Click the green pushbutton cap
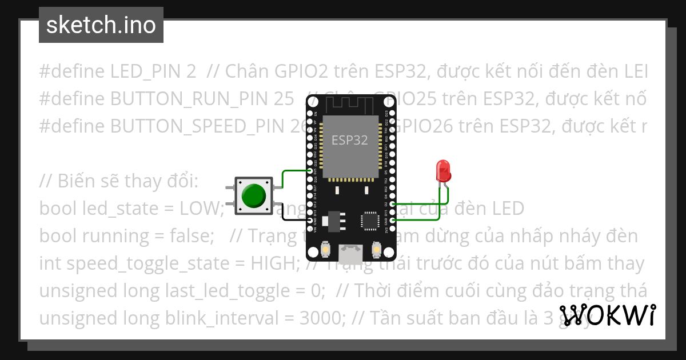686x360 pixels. click(253, 195)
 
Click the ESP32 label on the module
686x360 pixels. click(350, 139)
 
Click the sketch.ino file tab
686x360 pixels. click(101, 25)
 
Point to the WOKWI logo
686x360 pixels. click(607, 315)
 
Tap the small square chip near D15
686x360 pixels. click(369, 221)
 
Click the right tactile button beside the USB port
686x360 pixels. click(376, 250)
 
